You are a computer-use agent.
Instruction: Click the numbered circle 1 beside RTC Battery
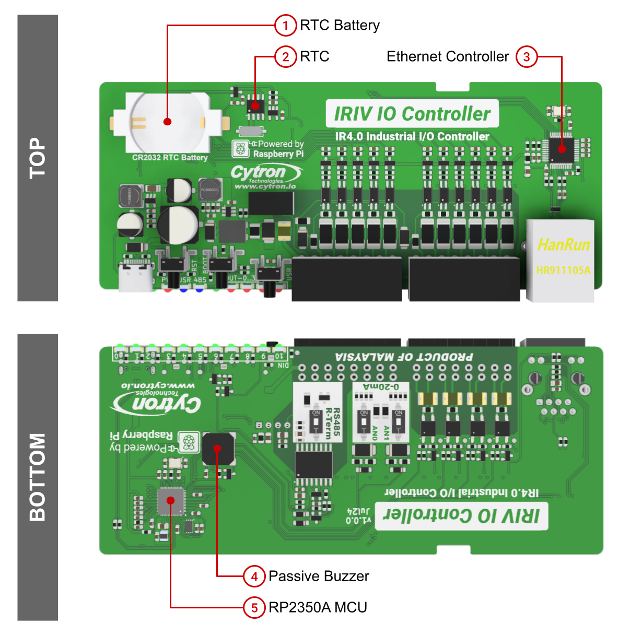click(285, 25)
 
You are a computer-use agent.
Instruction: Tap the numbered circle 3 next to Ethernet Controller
click(527, 56)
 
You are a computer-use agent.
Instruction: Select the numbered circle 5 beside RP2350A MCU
click(254, 607)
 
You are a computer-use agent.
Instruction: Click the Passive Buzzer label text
click(319, 576)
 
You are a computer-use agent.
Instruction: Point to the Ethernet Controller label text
click(447, 56)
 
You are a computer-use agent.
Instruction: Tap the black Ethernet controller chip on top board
click(562, 149)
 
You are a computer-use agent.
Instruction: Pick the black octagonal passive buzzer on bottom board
click(218, 448)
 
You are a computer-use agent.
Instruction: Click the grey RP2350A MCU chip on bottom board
click(171, 501)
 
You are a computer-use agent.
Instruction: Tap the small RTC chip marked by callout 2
click(255, 105)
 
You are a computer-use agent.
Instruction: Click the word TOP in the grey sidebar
click(38, 158)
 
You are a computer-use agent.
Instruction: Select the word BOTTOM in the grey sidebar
click(38, 477)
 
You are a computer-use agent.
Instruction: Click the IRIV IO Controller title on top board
click(412, 114)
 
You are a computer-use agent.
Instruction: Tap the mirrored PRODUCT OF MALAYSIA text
click(404, 357)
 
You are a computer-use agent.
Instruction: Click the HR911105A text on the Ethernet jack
click(563, 270)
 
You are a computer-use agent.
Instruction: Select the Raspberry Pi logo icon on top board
click(240, 149)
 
